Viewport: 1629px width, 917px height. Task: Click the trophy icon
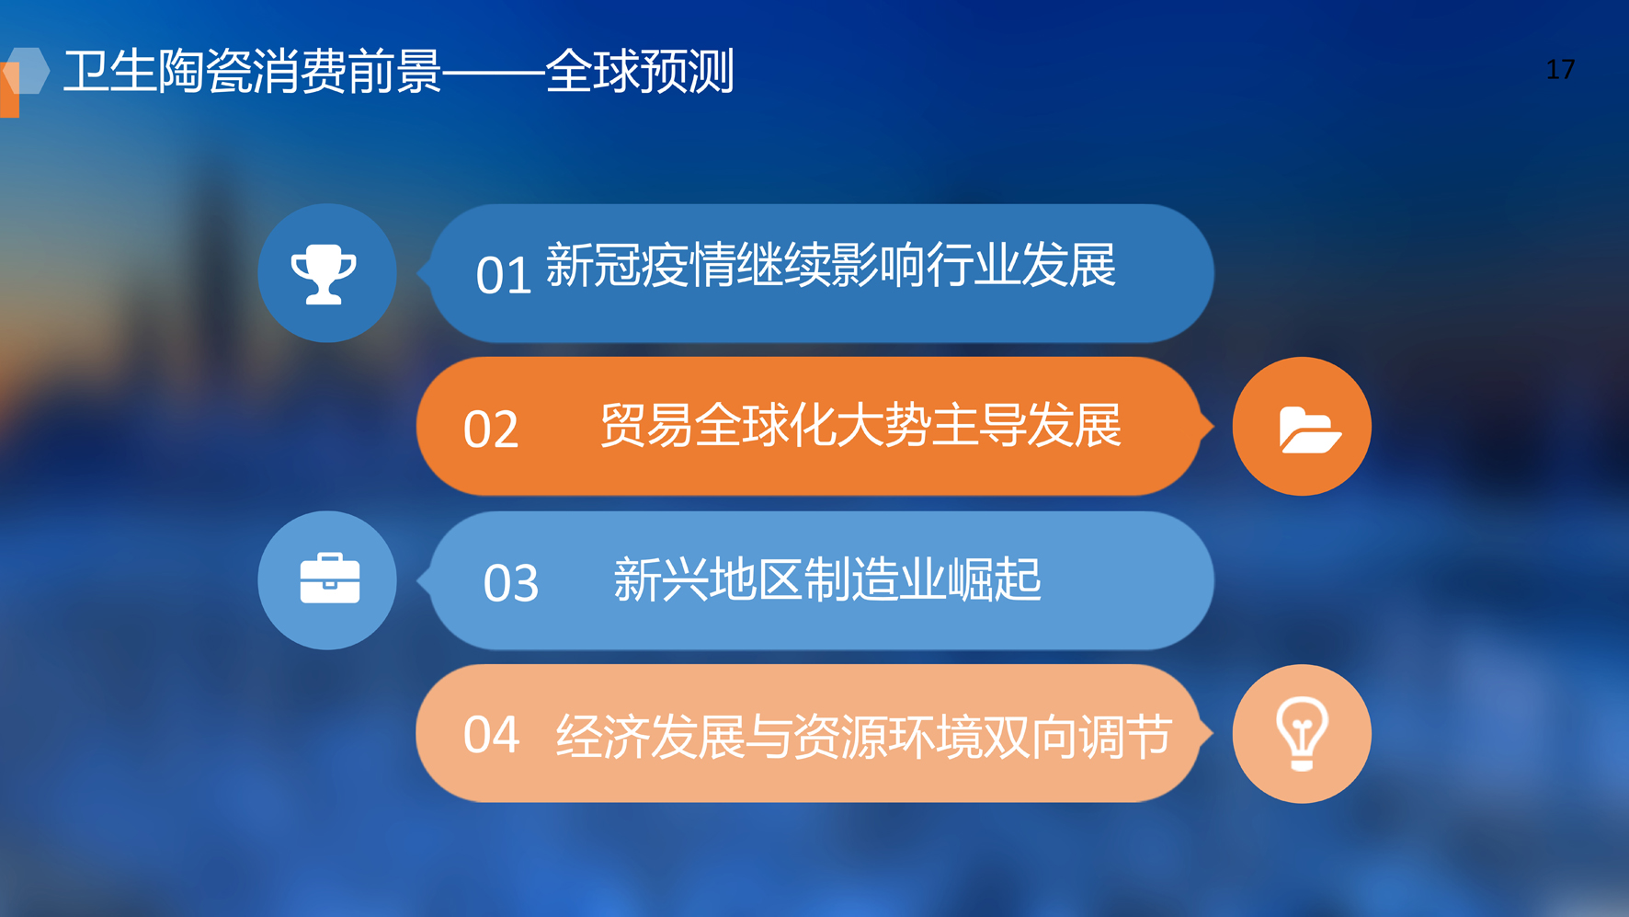pyautogui.click(x=324, y=274)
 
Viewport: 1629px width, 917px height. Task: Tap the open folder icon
pyautogui.click(x=1309, y=429)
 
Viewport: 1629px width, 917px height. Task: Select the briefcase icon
pyautogui.click(x=329, y=579)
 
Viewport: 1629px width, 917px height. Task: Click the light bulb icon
pyautogui.click(x=1302, y=734)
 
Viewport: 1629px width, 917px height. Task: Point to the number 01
pyautogui.click(x=504, y=275)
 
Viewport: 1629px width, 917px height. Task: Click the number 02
pyautogui.click(x=491, y=430)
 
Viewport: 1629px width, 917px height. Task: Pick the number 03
pyautogui.click(x=511, y=583)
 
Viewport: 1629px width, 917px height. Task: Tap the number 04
pyautogui.click(x=491, y=735)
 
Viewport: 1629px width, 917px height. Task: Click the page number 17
pyautogui.click(x=1560, y=70)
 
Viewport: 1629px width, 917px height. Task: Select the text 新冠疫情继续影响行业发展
pyautogui.click(x=831, y=266)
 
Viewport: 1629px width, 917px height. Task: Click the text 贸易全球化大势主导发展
pyautogui.click(x=860, y=425)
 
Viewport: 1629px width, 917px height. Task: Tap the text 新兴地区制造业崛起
pyautogui.click(x=827, y=579)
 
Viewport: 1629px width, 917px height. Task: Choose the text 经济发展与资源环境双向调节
pyautogui.click(x=864, y=737)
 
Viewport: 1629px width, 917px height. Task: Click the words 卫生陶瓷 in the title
pyautogui.click(x=158, y=71)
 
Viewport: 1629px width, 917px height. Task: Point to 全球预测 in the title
pyautogui.click(x=640, y=71)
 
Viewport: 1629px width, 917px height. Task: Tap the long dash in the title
pyautogui.click(x=493, y=71)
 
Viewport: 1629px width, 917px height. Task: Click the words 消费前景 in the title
pyautogui.click(x=347, y=71)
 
